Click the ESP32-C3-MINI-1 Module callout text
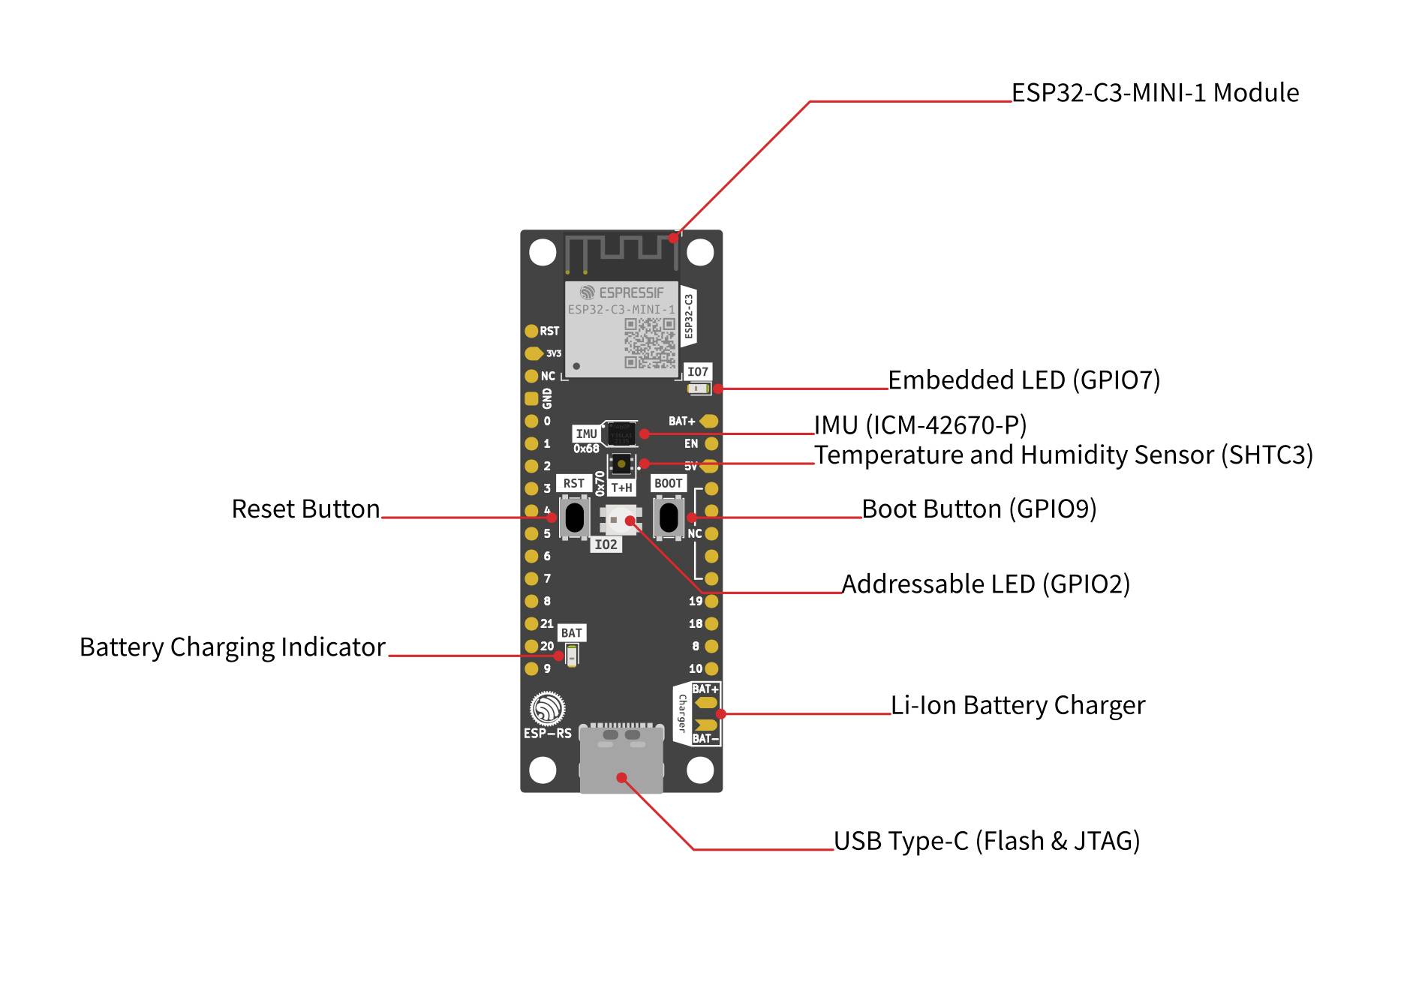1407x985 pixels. (x=1154, y=93)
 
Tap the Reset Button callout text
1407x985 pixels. (x=305, y=509)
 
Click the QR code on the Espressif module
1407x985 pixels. (x=650, y=343)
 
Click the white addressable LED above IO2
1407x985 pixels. (x=621, y=519)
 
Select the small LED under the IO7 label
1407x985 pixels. (x=699, y=389)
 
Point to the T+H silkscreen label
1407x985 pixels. (x=621, y=488)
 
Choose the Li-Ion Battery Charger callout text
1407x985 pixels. (x=1018, y=706)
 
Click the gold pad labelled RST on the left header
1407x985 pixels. (x=531, y=331)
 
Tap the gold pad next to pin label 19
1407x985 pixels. (x=711, y=601)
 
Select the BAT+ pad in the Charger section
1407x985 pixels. (x=707, y=703)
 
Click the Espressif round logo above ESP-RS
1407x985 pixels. (x=547, y=709)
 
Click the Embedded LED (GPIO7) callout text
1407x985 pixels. (x=1024, y=380)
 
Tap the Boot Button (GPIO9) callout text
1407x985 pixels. (x=979, y=509)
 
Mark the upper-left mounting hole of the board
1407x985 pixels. (x=543, y=252)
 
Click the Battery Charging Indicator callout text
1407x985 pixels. (x=233, y=647)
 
